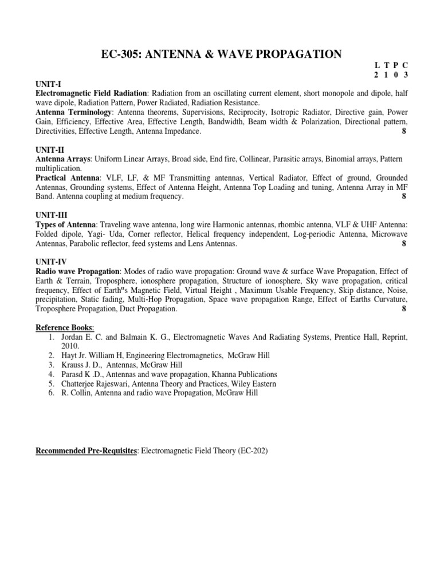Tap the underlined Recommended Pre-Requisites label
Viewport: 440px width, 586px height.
coord(87,451)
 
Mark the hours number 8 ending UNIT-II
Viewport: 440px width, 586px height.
coord(404,197)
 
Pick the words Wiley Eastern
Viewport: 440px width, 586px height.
coord(253,383)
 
